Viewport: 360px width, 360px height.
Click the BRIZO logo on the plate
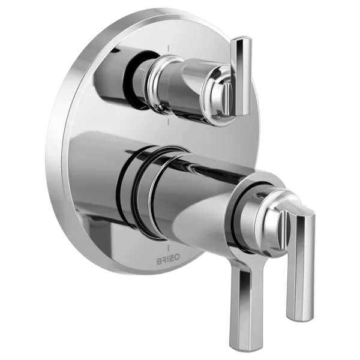coord(168,262)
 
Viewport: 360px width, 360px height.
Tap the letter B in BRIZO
coord(159,262)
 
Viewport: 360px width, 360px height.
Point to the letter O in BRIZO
coord(178,262)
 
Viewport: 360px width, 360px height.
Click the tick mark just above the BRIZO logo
coord(169,248)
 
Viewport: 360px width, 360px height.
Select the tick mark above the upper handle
coord(169,49)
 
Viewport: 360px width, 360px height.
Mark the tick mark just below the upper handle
coord(169,122)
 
